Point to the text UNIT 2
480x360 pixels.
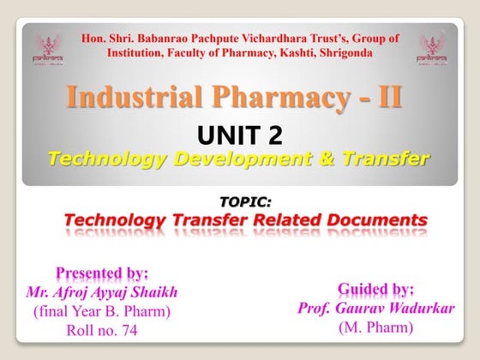(239, 135)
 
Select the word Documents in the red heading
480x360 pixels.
(370, 220)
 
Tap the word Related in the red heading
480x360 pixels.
(269, 220)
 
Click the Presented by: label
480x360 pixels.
(102, 273)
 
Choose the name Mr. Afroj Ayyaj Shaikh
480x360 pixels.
(102, 292)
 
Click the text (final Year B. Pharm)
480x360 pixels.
(102, 311)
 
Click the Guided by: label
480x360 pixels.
(375, 288)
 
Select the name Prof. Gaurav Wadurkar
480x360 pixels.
(375, 307)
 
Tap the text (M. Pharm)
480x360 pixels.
(375, 327)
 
